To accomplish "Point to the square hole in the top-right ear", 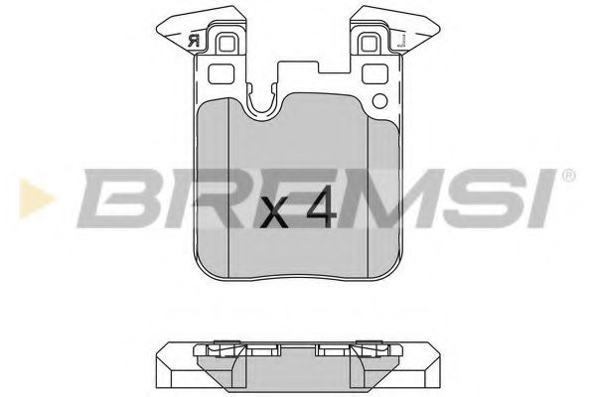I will click(x=369, y=43).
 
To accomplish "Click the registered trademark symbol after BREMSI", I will click(x=567, y=175).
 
